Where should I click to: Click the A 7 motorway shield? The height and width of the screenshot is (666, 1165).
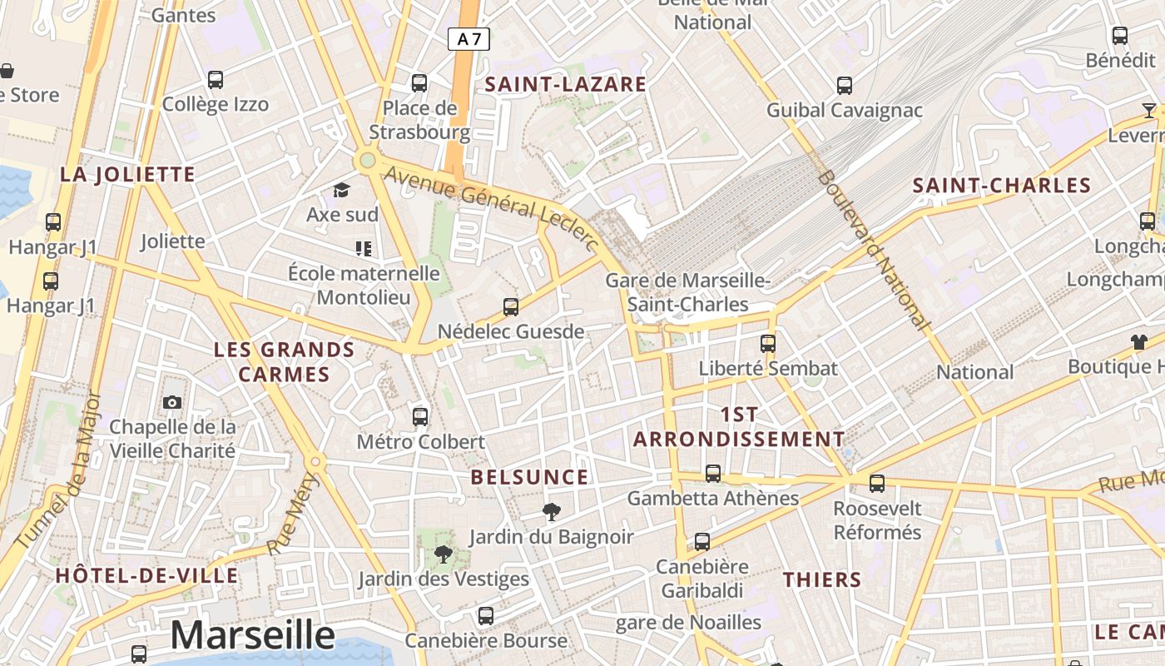coord(468,38)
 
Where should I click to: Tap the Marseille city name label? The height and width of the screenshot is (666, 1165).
coord(252,635)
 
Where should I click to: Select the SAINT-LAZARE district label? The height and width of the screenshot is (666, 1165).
coord(566,84)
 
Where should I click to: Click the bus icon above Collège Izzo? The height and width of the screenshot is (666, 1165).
coord(216,80)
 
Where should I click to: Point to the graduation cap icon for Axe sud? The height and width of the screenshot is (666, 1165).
coord(341,191)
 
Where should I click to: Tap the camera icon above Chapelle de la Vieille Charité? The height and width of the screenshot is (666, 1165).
coord(172,403)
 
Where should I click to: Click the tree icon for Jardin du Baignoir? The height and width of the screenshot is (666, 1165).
coord(550,511)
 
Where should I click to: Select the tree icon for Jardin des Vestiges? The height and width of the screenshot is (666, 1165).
coord(444,554)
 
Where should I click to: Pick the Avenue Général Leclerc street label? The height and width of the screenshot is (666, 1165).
coord(493,209)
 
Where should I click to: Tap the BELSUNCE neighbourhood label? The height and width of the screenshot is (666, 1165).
coord(529,478)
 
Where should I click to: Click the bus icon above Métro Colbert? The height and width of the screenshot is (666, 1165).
coord(420,416)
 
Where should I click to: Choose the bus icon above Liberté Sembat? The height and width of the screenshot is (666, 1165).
coord(768,343)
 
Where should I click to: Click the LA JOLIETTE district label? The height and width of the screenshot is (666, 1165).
coord(127,175)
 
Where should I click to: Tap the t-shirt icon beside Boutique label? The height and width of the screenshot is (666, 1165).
coord(1138,341)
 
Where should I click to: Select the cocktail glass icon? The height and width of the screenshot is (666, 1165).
coord(1149,110)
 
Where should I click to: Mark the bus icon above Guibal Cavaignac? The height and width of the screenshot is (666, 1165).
coord(845,85)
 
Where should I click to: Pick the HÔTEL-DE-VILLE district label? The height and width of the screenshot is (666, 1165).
coord(146,576)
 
